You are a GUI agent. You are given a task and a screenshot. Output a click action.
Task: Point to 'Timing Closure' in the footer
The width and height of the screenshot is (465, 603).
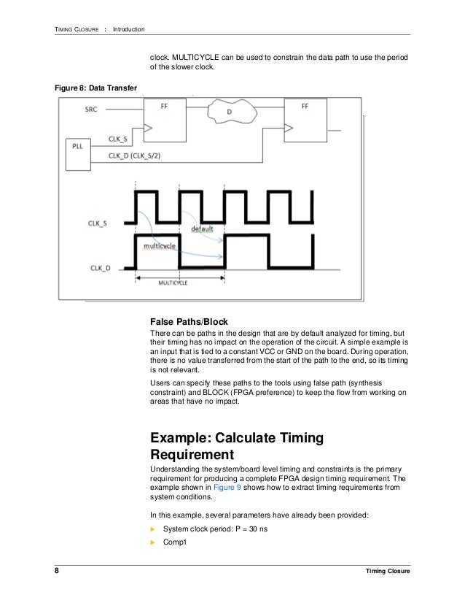click(x=388, y=571)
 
